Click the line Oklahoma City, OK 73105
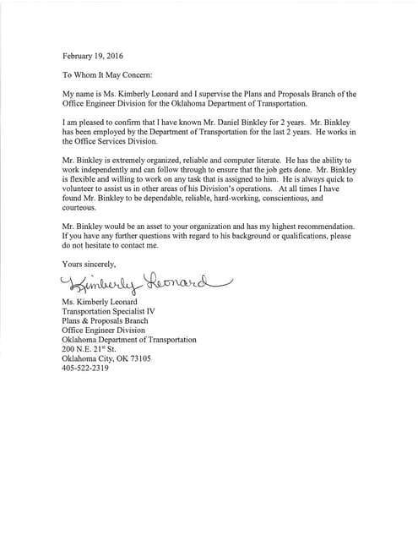click(x=106, y=358)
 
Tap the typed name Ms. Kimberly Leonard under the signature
click(x=102, y=302)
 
